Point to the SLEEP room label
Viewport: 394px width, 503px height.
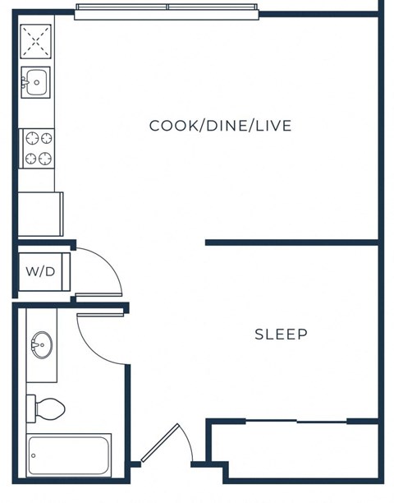pos(281,335)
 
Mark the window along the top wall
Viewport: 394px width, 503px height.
pos(167,10)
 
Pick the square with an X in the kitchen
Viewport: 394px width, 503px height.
pos(35,39)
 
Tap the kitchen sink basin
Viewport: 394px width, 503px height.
pos(36,83)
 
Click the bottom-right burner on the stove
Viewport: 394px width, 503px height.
pos(45,158)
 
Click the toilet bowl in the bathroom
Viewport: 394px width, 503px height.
pos(51,407)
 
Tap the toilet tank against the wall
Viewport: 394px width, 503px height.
pos(31,407)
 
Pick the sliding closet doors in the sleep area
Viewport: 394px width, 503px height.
pos(296,422)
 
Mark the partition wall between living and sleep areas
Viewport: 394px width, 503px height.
pos(291,242)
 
